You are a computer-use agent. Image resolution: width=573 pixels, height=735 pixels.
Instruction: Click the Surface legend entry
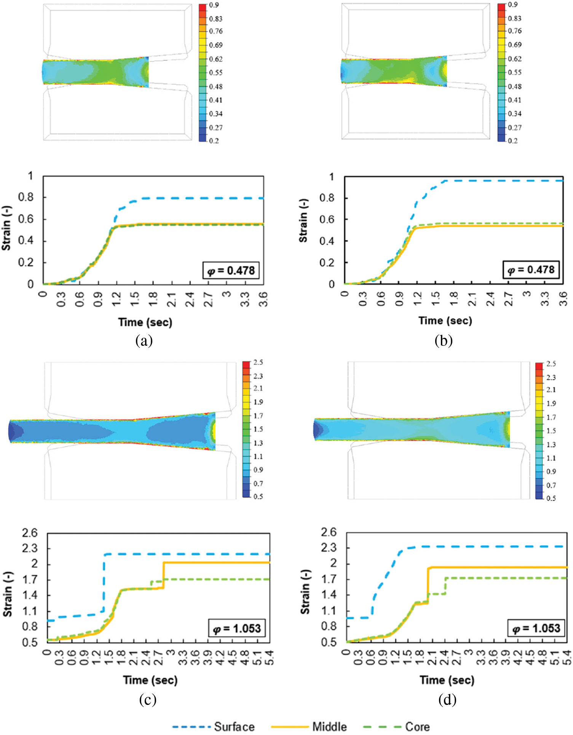(234, 727)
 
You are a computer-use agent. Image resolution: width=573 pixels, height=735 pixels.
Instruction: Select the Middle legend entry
(329, 727)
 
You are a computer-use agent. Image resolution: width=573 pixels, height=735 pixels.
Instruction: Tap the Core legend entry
(417, 727)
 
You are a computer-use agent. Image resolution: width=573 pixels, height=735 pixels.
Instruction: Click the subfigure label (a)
(144, 340)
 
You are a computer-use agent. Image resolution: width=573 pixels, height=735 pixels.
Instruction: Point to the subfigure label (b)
(444, 340)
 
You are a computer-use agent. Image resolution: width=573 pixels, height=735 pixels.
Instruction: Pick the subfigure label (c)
(148, 699)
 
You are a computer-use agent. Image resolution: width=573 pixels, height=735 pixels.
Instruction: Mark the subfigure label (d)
(447, 699)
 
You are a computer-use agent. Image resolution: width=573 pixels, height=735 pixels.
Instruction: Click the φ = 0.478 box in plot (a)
(231, 271)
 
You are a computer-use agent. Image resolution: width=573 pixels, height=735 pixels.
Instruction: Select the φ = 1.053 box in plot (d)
(536, 628)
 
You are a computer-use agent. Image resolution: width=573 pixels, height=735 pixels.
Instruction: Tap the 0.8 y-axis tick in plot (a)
(26, 197)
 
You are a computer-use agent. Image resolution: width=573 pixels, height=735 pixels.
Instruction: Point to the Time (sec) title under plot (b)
(445, 321)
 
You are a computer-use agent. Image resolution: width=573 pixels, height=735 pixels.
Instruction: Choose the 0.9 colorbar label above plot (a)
(214, 5)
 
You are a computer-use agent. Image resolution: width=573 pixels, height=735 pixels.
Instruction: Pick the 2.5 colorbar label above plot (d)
(551, 364)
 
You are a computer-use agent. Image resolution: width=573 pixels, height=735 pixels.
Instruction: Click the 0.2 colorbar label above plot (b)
(513, 141)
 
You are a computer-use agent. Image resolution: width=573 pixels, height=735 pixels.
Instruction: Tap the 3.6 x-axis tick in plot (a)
(263, 299)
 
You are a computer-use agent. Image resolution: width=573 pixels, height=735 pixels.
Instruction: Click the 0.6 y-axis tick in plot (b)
(327, 219)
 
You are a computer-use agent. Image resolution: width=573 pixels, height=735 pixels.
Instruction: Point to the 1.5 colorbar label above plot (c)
(258, 429)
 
